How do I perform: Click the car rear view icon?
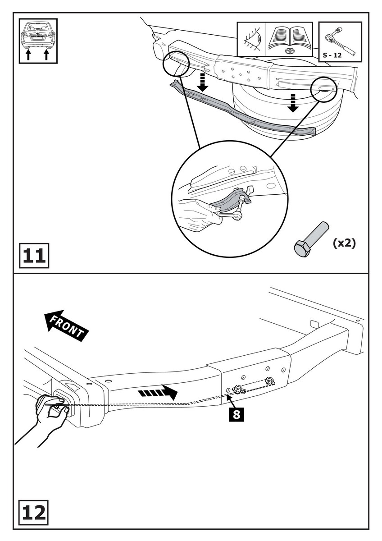click(x=38, y=34)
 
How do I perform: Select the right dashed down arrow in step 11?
click(x=293, y=102)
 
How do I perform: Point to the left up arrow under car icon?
click(x=28, y=55)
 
